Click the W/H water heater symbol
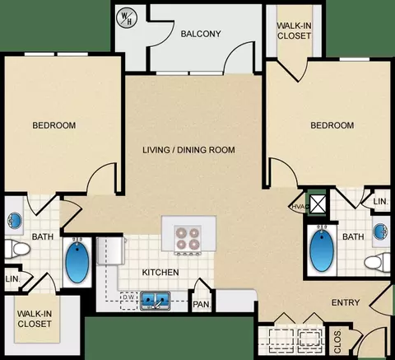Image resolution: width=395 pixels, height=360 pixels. click(x=127, y=18)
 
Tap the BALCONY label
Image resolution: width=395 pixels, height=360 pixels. click(x=201, y=34)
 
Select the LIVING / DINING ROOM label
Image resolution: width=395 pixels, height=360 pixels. click(x=188, y=150)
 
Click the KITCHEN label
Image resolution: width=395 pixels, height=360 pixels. click(x=160, y=272)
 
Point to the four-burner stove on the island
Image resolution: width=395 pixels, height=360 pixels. click(x=188, y=239)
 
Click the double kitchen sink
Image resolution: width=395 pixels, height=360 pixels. click(x=155, y=301)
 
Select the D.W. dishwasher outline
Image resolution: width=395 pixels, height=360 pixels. click(x=128, y=301)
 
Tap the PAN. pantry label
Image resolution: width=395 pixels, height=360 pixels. click(x=202, y=304)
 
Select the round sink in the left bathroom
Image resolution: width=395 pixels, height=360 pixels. click(x=15, y=220)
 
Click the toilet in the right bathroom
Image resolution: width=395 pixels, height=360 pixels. click(x=377, y=262)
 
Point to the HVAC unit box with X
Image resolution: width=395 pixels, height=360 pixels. click(x=318, y=204)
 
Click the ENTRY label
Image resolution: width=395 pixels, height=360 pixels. click(x=346, y=302)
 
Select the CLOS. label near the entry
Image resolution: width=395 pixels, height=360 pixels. click(x=338, y=341)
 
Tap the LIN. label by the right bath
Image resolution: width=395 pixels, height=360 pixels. click(x=381, y=201)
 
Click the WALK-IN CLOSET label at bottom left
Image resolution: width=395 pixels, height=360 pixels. click(x=35, y=319)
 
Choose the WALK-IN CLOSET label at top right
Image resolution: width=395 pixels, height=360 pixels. click(x=294, y=30)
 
